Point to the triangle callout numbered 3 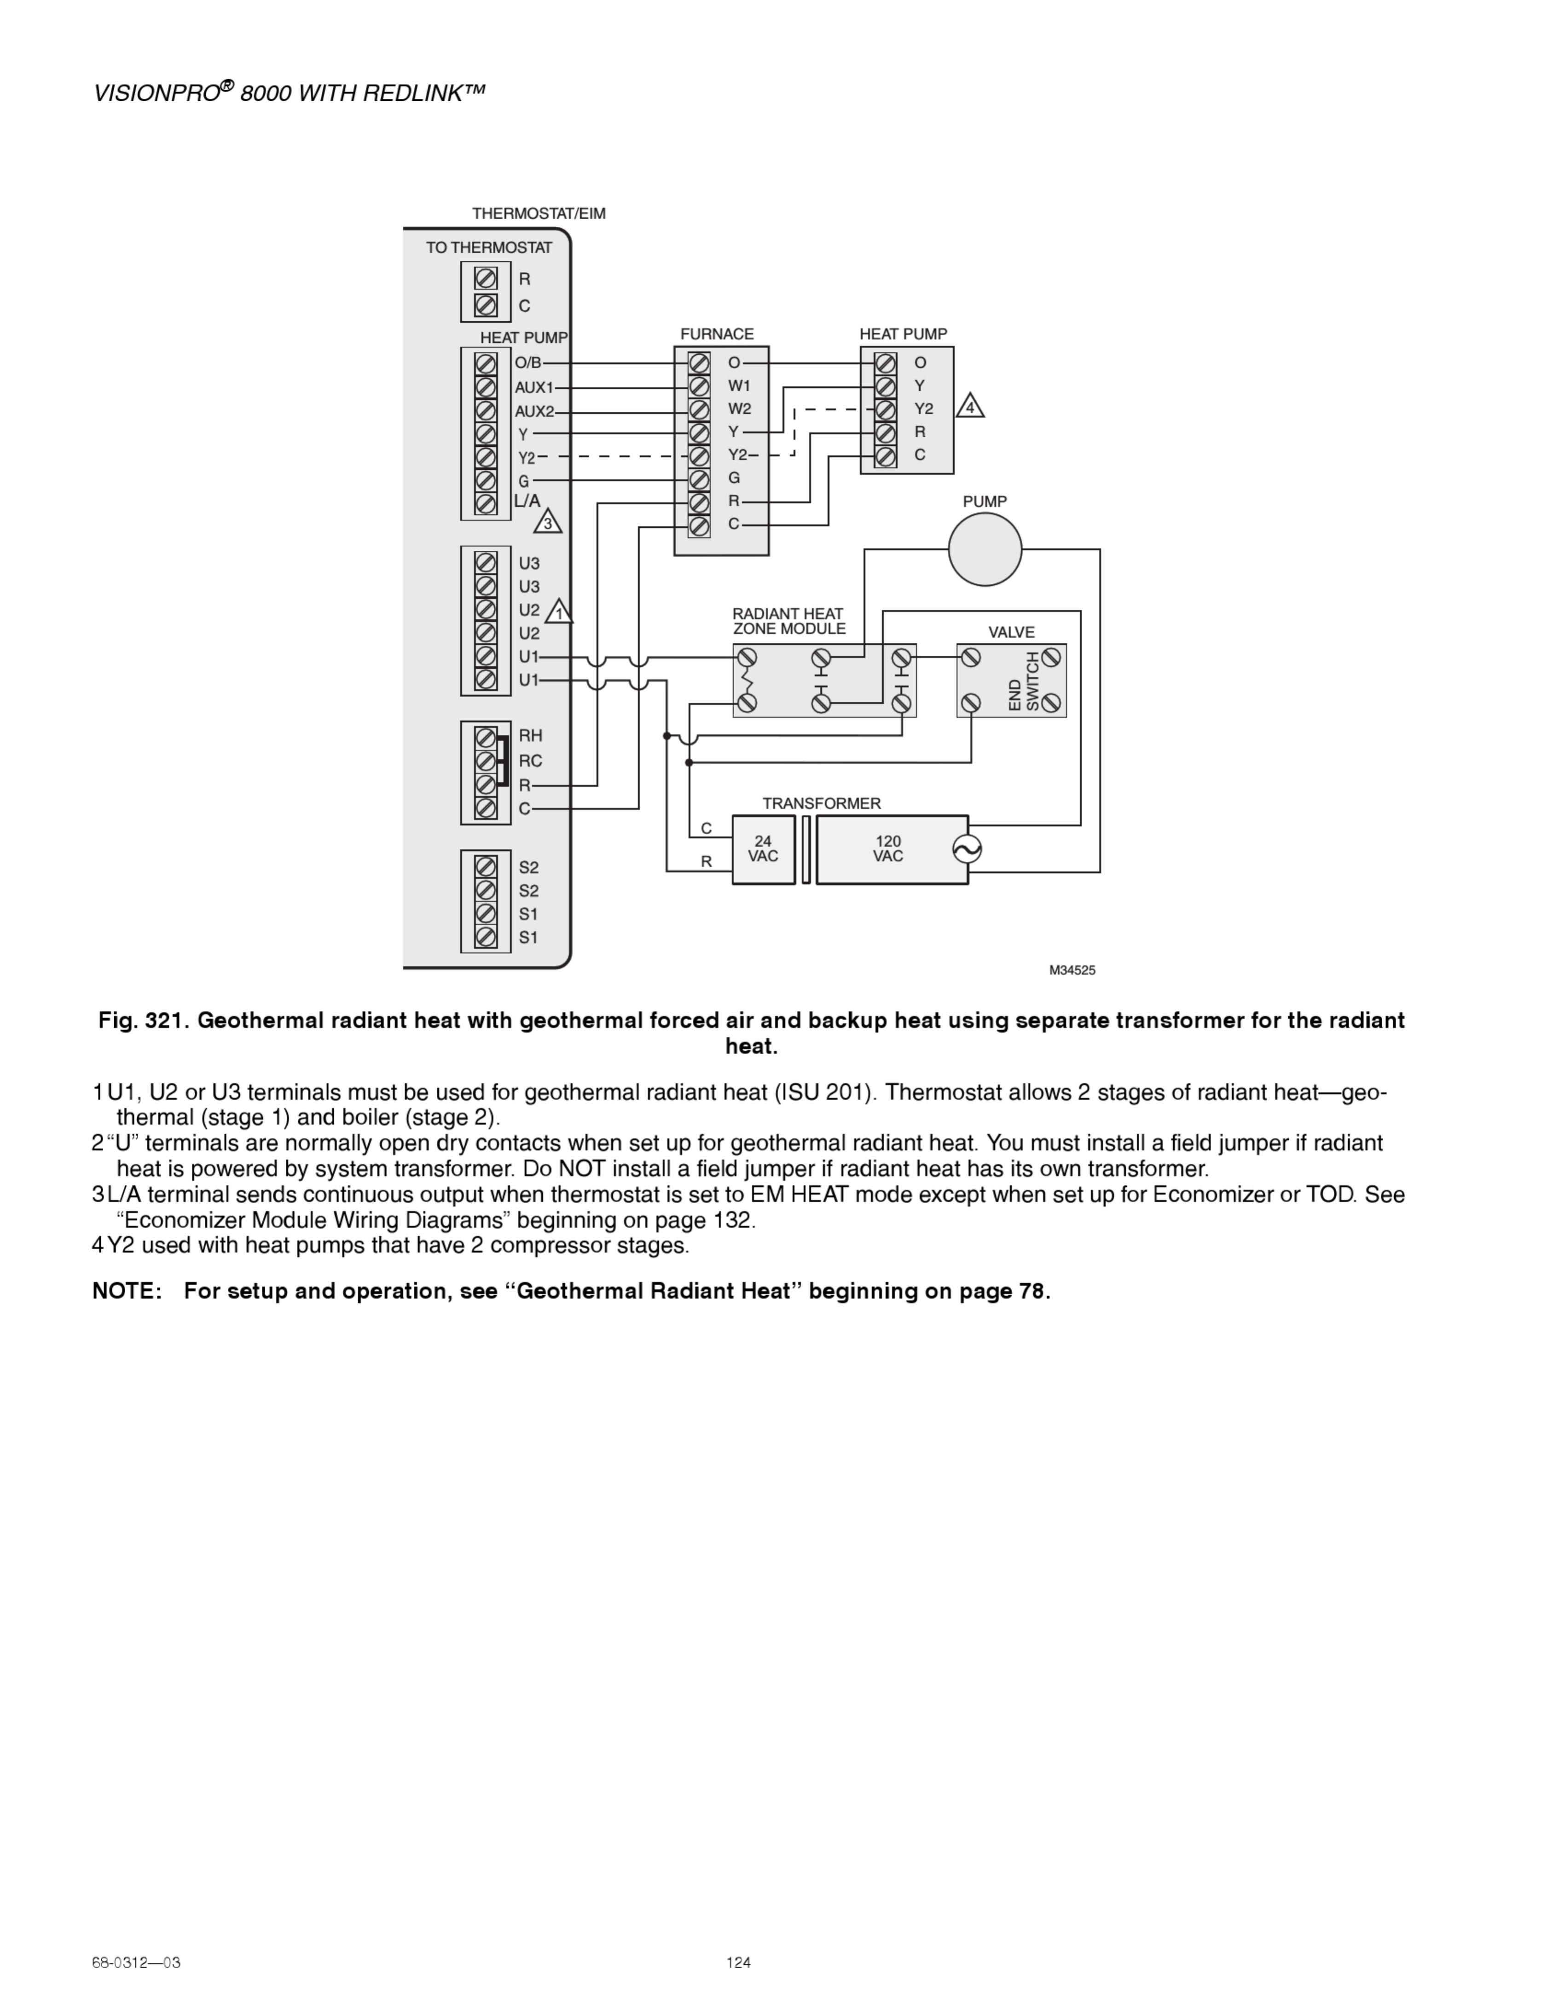[x=548, y=522]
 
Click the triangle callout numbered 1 [x=559, y=612]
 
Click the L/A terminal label [x=527, y=501]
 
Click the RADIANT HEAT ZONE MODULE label [x=789, y=621]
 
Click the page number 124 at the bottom [x=738, y=1962]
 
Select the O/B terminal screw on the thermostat [x=486, y=364]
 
